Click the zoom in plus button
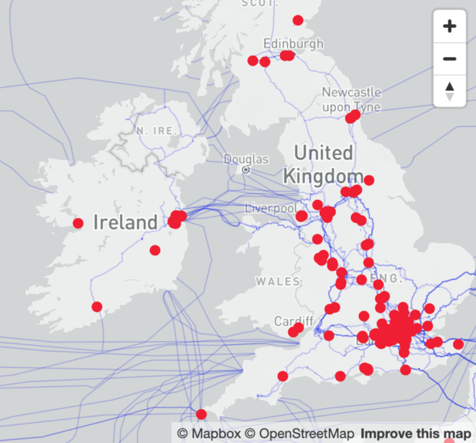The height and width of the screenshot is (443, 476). tap(450, 26)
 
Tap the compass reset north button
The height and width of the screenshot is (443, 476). tap(450, 91)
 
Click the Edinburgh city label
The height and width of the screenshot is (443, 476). tap(293, 43)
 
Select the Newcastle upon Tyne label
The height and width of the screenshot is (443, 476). tap(351, 99)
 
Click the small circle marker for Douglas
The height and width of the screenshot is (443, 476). tap(246, 170)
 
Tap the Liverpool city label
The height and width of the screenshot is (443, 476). tap(271, 208)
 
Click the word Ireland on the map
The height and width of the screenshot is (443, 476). tap(126, 222)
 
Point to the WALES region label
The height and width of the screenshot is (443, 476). tap(278, 282)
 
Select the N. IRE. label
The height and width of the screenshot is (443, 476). tap(157, 131)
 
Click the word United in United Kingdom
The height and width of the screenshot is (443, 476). tap(323, 153)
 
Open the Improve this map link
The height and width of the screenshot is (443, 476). tap(415, 434)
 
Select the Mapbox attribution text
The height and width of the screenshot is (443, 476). tap(209, 434)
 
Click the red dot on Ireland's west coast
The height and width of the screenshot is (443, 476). tap(78, 223)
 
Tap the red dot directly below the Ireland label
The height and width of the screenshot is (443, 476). tap(155, 250)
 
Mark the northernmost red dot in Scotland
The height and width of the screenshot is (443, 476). tap(298, 20)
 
